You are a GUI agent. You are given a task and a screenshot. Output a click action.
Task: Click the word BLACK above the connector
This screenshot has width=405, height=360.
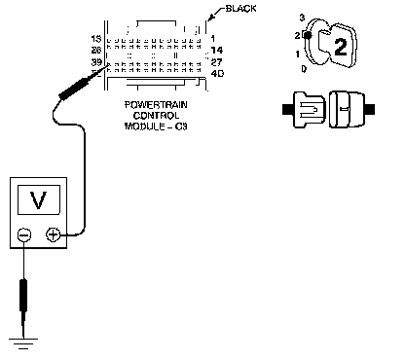pos(240,9)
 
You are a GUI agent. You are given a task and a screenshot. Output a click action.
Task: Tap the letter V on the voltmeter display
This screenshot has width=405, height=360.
pos(38,200)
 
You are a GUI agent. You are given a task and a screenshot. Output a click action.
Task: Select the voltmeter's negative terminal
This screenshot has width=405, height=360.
pos(24,234)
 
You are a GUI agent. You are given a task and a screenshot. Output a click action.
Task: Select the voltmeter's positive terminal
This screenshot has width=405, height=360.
pos(54,234)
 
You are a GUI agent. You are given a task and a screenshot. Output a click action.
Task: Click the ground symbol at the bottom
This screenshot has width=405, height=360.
pos(23,343)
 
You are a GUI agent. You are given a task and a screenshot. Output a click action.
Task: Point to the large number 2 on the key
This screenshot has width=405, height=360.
pos(341,47)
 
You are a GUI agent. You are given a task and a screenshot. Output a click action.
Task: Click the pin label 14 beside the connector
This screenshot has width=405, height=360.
pos(217,51)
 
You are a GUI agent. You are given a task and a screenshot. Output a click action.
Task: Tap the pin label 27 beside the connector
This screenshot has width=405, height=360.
pos(216,62)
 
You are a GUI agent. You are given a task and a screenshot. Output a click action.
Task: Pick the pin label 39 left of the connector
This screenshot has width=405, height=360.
pos(96,62)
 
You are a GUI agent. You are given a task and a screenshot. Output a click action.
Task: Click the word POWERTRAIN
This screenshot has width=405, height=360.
pos(156,105)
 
